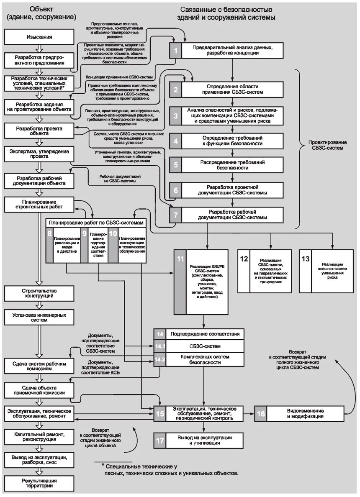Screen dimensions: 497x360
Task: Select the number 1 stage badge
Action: pyautogui.click(x=176, y=51)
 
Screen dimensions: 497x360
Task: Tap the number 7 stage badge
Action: pyautogui.click(x=176, y=215)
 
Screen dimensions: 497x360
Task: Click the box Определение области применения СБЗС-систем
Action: pyautogui.click(x=232, y=89)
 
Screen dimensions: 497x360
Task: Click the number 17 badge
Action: pyautogui.click(x=160, y=440)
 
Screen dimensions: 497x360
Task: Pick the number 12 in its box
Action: pyautogui.click(x=244, y=259)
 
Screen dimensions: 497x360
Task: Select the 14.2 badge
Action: pyautogui.click(x=160, y=359)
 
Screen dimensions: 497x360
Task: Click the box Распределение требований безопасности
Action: pyautogui.click(x=232, y=165)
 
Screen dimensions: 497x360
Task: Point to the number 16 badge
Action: pyautogui.click(x=260, y=413)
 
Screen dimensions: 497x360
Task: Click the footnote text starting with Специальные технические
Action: pyautogui.click(x=172, y=469)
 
